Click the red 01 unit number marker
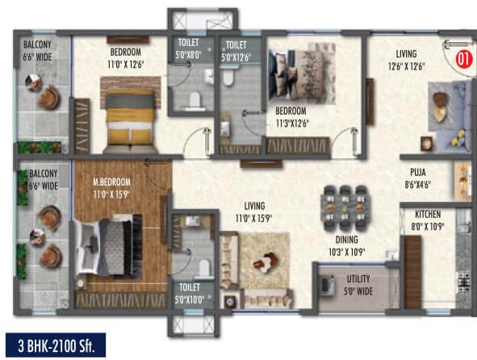tap(463, 59)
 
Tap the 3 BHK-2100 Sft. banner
tap(56, 345)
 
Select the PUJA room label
tap(418, 172)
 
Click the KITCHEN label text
tap(428, 214)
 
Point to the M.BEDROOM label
tap(111, 182)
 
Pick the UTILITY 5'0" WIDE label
tap(358, 285)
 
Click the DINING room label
tap(347, 240)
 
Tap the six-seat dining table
tap(345, 208)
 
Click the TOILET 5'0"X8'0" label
tap(189, 48)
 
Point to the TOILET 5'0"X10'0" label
tap(190, 294)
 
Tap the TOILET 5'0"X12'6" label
tap(236, 51)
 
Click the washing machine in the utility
tap(327, 286)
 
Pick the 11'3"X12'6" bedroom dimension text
tap(292, 123)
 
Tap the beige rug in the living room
tap(264, 260)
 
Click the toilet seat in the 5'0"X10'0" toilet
tap(204, 268)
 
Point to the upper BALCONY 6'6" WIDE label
tap(37, 51)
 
